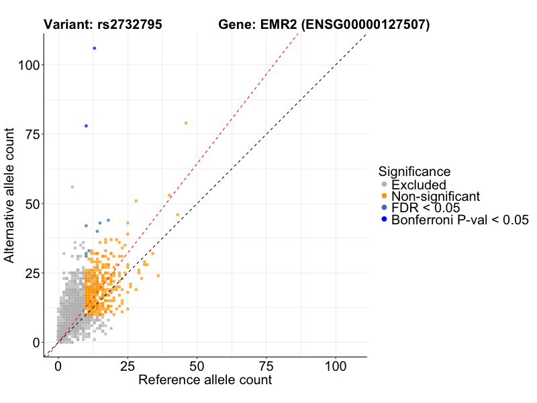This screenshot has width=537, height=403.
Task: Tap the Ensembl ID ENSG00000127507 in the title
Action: tap(364, 25)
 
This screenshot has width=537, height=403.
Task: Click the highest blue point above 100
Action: tap(95, 48)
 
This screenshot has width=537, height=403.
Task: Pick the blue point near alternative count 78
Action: tap(86, 126)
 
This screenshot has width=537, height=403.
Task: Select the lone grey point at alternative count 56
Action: tap(72, 187)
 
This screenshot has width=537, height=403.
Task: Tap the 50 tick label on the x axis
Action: tap(197, 367)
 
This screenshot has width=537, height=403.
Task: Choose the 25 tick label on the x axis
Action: tap(128, 367)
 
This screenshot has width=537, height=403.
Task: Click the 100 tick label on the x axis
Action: tap(336, 367)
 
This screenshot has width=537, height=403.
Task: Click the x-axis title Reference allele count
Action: tap(205, 380)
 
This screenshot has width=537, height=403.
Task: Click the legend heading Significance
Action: tap(414, 171)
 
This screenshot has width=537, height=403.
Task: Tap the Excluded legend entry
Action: tap(418, 185)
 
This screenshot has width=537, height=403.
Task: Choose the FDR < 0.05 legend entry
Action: tap(426, 208)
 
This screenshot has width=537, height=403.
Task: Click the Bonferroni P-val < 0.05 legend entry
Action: tap(460, 220)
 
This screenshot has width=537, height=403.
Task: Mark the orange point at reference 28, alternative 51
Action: tap(136, 201)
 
